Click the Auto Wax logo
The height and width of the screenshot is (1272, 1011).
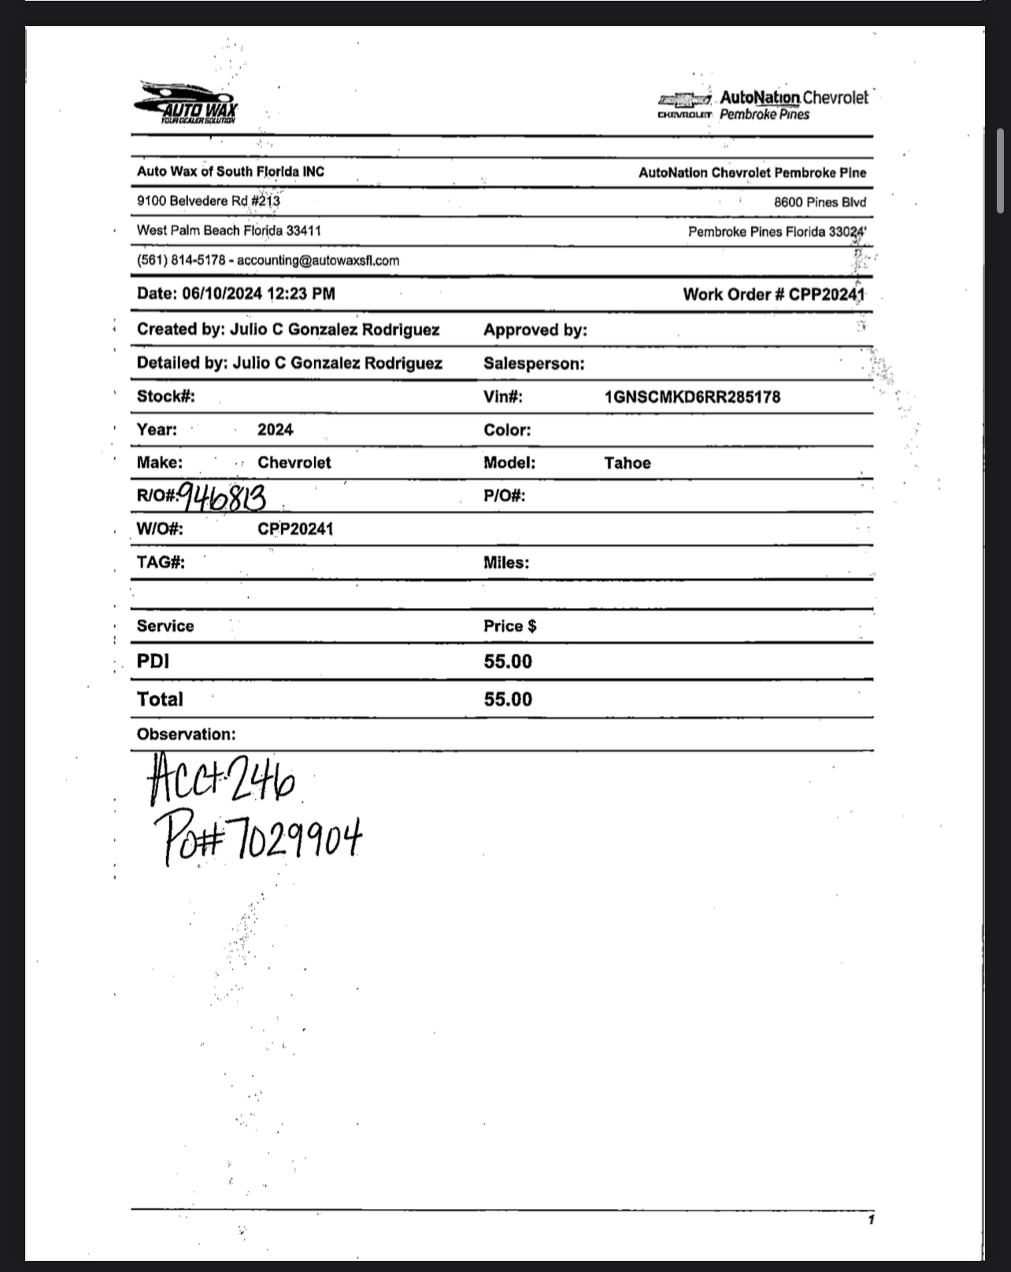coord(187,103)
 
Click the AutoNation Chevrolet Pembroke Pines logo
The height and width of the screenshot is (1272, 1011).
coord(763,105)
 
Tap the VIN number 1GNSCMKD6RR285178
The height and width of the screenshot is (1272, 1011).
coord(692,397)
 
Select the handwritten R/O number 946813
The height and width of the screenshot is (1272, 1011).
coord(222,498)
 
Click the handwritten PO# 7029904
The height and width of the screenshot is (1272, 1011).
coord(257,840)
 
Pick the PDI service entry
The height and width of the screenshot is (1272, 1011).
coord(153,661)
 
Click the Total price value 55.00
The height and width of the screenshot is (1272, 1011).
coord(508,699)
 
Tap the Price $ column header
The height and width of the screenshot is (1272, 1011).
coord(509,626)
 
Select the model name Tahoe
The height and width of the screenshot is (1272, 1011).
coord(628,463)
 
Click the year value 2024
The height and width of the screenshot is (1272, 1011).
coord(275,430)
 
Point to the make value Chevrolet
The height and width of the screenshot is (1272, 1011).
coord(294,463)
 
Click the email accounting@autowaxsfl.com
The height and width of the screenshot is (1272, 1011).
coord(318,261)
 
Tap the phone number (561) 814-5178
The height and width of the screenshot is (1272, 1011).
coord(180,261)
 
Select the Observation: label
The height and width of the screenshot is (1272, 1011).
coord(186,734)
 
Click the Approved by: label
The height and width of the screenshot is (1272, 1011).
coord(535,330)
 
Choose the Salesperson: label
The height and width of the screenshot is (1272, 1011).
coord(534,364)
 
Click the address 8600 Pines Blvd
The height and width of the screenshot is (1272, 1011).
coord(819,202)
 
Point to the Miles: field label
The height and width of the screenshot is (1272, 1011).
coord(505,562)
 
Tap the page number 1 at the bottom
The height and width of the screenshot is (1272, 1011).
coord(871,1220)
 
